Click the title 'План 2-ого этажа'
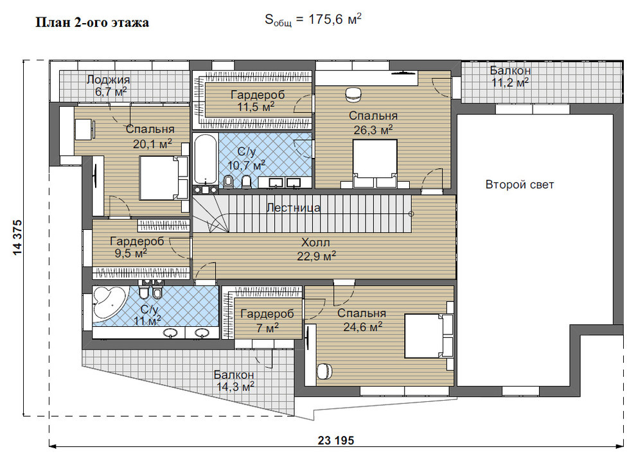(x=92, y=22)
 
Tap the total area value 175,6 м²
(x=335, y=19)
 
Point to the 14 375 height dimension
(x=17, y=238)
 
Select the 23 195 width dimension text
(x=336, y=440)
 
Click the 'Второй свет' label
(x=520, y=185)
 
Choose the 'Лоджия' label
(x=109, y=80)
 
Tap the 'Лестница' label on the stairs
(x=293, y=208)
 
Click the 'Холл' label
(x=315, y=243)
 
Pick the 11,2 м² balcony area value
(x=510, y=83)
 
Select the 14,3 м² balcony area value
(x=235, y=387)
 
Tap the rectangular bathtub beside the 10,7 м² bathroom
(x=206, y=160)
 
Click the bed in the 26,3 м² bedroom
(x=375, y=164)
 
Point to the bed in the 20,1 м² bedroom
(x=164, y=178)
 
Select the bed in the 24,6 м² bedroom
(x=429, y=335)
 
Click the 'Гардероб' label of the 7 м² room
(x=267, y=314)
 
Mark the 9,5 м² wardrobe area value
(x=130, y=254)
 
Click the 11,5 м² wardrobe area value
(x=256, y=107)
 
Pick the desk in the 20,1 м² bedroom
(x=84, y=128)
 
